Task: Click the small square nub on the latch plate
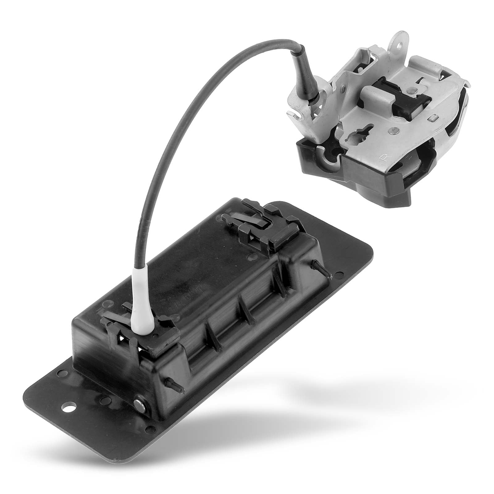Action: [434, 117]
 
